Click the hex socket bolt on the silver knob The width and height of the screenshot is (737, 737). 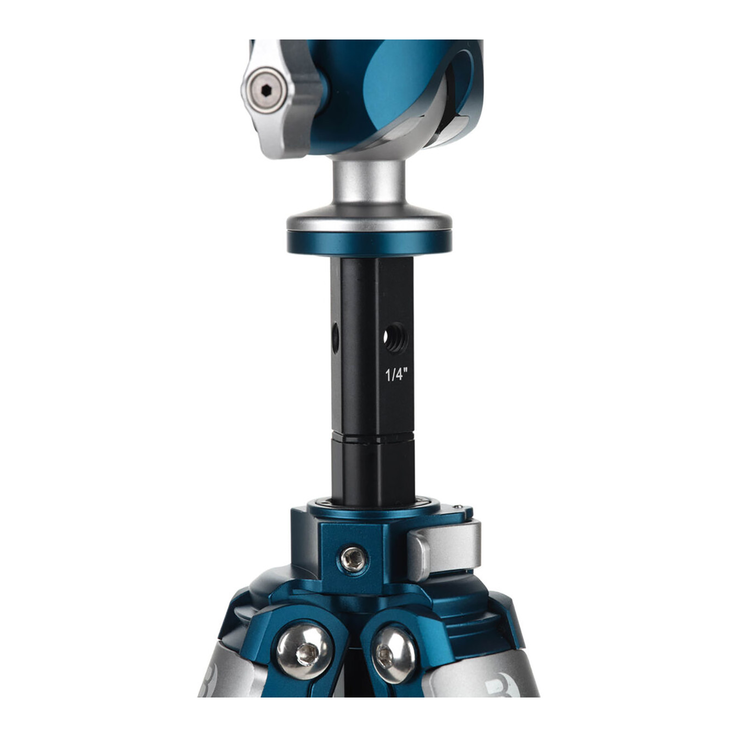(266, 90)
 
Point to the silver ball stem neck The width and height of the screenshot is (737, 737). (369, 184)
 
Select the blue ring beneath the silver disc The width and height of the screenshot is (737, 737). (369, 243)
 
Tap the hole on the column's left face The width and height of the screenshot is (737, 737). (336, 337)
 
